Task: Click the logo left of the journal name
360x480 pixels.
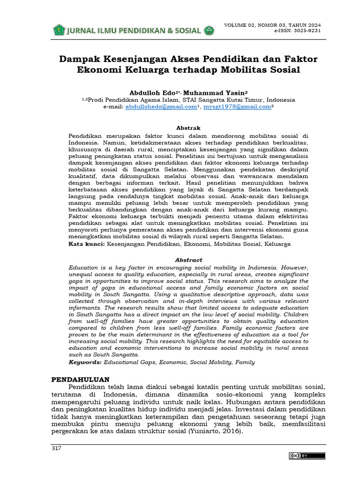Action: pyautogui.click(x=59, y=30)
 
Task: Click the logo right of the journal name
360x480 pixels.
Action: pyautogui.click(x=209, y=31)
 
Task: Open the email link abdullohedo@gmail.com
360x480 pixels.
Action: pyautogui.click(x=161, y=107)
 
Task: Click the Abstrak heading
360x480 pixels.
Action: pyautogui.click(x=188, y=127)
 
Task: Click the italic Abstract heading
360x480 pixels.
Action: pyautogui.click(x=188, y=260)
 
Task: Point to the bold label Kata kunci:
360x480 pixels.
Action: pyautogui.click(x=87, y=244)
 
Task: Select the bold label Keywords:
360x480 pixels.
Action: pyautogui.click(x=85, y=362)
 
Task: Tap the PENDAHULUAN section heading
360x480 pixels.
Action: pyautogui.click(x=80, y=379)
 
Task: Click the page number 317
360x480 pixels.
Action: pyautogui.click(x=56, y=449)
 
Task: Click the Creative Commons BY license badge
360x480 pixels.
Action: pyautogui.click(x=307, y=456)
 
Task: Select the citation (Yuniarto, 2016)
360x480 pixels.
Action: pyautogui.click(x=216, y=431)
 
